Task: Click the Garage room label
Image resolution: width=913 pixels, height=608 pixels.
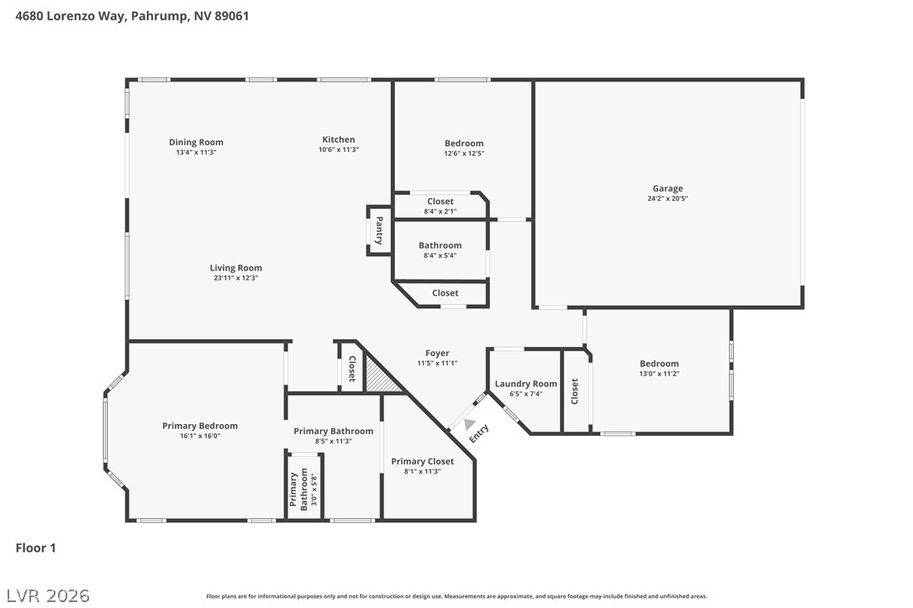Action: [x=668, y=188]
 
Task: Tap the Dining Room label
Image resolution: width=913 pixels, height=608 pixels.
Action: [x=196, y=142]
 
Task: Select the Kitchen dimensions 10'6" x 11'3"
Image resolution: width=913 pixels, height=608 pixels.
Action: [x=338, y=150]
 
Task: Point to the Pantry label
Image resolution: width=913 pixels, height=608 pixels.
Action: [x=379, y=230]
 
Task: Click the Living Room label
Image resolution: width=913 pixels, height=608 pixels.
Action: [x=235, y=268]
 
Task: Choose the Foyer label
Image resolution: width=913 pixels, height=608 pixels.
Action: [x=437, y=353]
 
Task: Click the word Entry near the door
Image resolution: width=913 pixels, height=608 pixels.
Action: [x=478, y=434]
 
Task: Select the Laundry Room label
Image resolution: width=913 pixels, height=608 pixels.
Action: [x=525, y=384]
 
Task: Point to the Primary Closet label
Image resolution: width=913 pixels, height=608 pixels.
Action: [x=422, y=461]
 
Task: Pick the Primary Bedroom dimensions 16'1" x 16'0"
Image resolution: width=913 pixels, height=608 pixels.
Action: [x=200, y=436]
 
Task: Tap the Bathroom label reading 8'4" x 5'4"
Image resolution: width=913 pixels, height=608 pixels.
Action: [x=440, y=245]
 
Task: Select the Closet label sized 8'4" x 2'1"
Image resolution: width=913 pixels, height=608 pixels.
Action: [x=440, y=202]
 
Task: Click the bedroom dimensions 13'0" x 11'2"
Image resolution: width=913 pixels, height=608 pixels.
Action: [x=658, y=374]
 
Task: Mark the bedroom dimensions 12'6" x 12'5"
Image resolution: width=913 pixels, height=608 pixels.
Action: [x=464, y=154]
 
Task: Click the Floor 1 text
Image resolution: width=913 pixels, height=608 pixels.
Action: [x=36, y=548]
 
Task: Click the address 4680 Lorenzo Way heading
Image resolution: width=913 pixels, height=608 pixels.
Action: [x=132, y=15]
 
